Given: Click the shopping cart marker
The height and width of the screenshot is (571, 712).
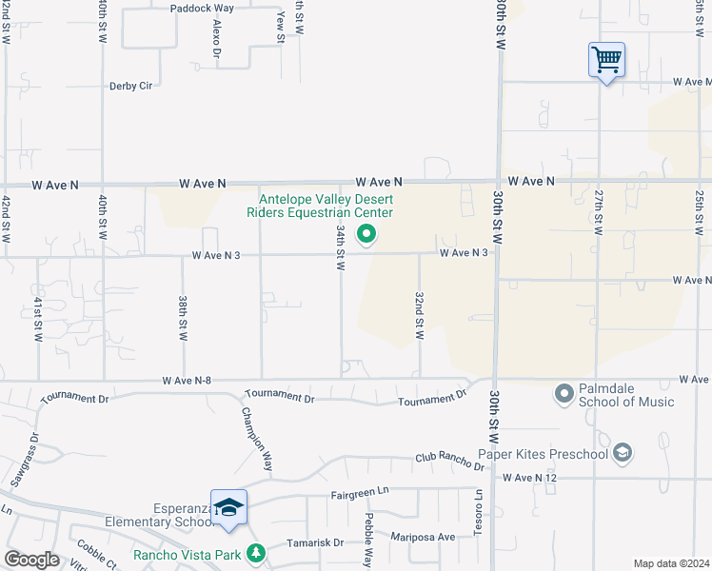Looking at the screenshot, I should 606,60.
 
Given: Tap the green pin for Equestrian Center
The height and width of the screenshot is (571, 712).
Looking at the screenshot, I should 365,234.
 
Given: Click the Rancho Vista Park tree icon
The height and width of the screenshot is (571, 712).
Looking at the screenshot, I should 255,552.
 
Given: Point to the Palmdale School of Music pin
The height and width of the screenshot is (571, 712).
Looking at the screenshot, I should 564,392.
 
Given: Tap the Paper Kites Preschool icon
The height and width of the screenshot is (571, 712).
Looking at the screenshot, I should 623,453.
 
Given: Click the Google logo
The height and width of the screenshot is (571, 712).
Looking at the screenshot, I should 32,560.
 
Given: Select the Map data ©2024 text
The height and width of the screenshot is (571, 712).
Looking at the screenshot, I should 670,563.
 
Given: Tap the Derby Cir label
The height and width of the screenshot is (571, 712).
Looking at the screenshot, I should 131,85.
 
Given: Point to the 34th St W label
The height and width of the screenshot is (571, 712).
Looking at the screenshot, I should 340,246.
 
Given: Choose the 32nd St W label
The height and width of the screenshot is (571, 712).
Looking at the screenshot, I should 418,315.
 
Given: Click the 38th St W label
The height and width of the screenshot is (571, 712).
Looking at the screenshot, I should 182,318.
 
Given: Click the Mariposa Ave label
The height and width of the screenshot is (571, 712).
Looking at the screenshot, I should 420,537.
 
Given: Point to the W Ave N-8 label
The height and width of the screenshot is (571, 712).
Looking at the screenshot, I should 187,381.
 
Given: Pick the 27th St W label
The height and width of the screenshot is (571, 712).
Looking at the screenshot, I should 599,212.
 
